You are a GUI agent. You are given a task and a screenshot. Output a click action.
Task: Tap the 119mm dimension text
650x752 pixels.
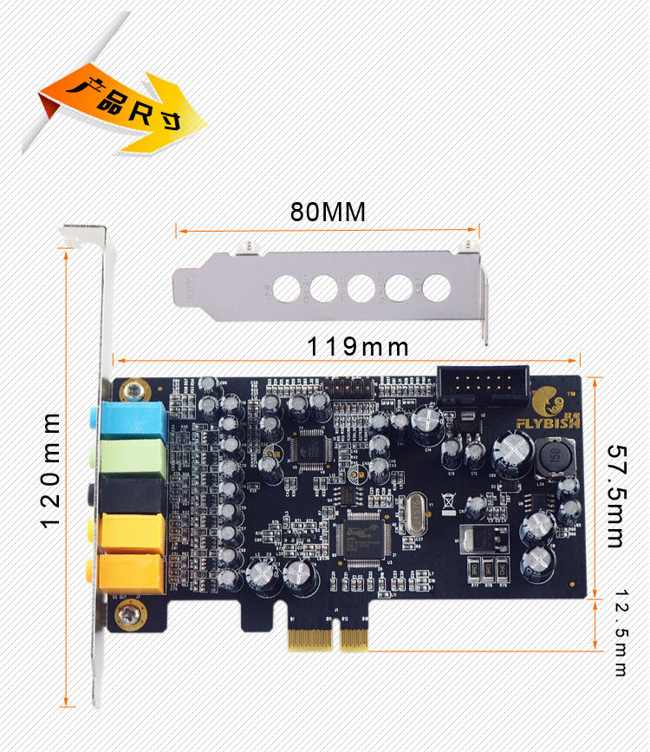click(357, 347)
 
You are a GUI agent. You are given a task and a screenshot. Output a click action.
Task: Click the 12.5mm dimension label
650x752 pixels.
click(621, 633)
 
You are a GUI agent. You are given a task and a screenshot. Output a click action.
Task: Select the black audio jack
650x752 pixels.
click(133, 494)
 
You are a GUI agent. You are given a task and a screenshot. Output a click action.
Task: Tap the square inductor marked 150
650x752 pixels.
click(554, 461)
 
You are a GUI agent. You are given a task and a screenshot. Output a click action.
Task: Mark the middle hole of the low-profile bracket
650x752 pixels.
click(361, 288)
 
